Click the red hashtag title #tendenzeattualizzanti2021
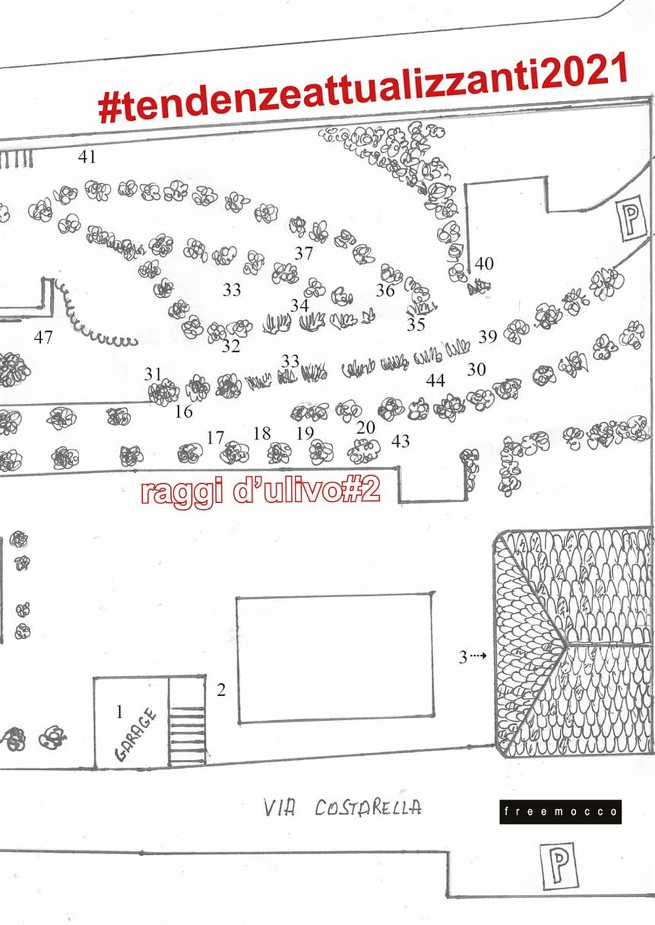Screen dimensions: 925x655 pyautogui.click(x=363, y=89)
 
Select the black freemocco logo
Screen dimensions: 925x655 pyautogui.click(x=560, y=812)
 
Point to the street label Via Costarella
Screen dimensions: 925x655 pyautogui.click(x=342, y=807)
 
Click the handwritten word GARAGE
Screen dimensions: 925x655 pyautogui.click(x=136, y=734)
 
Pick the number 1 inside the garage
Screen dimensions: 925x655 pyautogui.click(x=119, y=711)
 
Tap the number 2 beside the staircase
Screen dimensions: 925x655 pyautogui.click(x=221, y=690)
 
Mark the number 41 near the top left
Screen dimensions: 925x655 pyautogui.click(x=87, y=157)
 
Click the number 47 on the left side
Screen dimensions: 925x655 pyautogui.click(x=43, y=337)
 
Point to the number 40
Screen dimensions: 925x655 pyautogui.click(x=484, y=264)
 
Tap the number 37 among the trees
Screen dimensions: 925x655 pyautogui.click(x=303, y=253)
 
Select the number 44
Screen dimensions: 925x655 pyautogui.click(x=436, y=380)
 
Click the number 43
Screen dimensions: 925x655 pyautogui.click(x=400, y=441)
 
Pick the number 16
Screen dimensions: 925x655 pyautogui.click(x=184, y=412)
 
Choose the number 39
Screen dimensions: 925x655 pyautogui.click(x=487, y=337)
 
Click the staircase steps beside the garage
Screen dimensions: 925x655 pyautogui.click(x=187, y=721)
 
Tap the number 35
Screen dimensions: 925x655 pyautogui.click(x=416, y=324)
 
